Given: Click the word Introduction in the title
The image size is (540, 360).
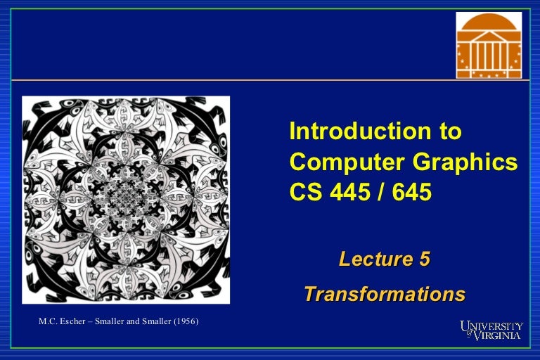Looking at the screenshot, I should pyautogui.click(x=355, y=131).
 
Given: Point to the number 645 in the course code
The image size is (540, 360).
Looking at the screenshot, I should pyautogui.click(x=413, y=191).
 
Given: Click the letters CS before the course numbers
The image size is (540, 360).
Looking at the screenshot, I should pyautogui.click(x=304, y=191).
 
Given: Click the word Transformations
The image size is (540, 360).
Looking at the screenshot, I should pyautogui.click(x=385, y=293).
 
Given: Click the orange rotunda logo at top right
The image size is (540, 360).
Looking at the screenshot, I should pyautogui.click(x=489, y=46).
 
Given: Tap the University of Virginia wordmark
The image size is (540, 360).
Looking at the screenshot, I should pyautogui.click(x=491, y=330).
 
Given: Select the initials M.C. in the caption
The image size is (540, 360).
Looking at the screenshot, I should pyautogui.click(x=50, y=322).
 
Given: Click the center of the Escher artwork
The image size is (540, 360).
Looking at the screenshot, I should pyautogui.click(x=126, y=200).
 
